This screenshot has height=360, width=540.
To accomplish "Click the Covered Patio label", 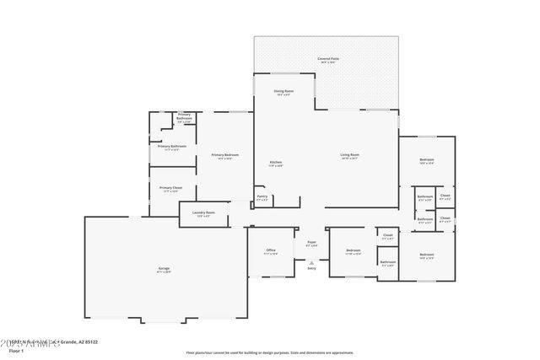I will pos(328,58).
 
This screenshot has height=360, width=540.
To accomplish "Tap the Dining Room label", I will pos(283,90).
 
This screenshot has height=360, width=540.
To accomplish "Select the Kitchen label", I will pos(275,162).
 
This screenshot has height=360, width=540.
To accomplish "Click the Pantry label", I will pos(262,196).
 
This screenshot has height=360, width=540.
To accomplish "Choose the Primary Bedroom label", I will pos(224,154).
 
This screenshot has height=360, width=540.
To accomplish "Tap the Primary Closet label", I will pos(171,187).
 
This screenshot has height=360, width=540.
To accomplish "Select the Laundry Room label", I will pos(203,212).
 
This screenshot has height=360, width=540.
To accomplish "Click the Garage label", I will pos(164,268).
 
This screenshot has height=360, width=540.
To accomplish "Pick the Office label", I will pos(271,250).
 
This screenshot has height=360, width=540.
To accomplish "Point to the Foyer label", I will pos(311,242).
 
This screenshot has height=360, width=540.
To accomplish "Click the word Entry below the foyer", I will pos(311,268).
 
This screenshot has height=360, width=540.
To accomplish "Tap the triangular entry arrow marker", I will pos(311,262).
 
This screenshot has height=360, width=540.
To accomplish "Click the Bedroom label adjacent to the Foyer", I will pos(354,250).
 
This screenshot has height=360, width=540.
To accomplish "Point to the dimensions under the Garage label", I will pos(164,272).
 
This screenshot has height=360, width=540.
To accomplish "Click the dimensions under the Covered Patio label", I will pos(328,62).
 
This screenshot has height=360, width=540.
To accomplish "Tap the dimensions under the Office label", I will pos(271,254).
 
